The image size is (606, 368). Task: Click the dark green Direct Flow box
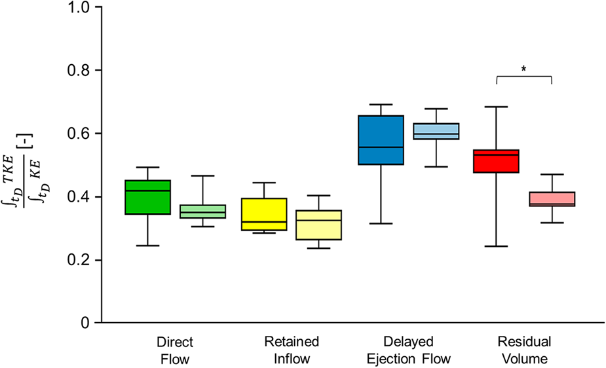[148, 197]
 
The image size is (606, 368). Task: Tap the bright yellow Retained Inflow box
[264, 214]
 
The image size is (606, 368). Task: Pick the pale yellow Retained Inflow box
[319, 225]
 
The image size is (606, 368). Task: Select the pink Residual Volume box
[552, 199]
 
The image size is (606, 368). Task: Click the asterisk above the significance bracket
[524, 69]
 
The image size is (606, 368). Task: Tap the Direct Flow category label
[175, 350]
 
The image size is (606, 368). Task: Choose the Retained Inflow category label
[292, 350]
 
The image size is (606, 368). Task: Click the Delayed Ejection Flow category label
[408, 350]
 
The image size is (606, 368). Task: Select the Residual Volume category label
[524, 350]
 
